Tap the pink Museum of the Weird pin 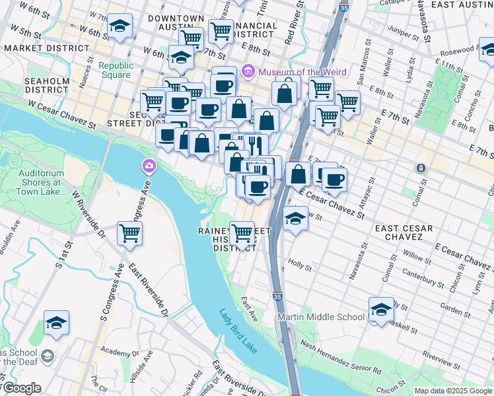click(x=248, y=71)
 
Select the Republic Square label click(x=116, y=70)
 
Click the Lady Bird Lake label click(x=238, y=332)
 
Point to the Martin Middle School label click(x=320, y=317)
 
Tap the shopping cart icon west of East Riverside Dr click(x=130, y=233)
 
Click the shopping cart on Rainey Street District click(x=242, y=232)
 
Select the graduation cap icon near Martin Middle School click(x=381, y=310)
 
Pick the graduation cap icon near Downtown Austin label click(x=120, y=27)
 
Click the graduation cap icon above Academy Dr click(x=57, y=323)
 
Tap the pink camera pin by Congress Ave click(x=150, y=164)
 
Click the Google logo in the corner click(x=21, y=388)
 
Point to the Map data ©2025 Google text click(x=452, y=391)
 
